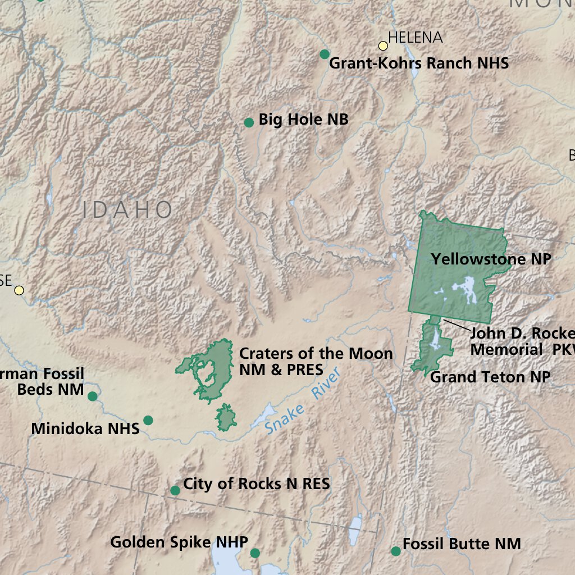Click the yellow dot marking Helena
tap(383, 45)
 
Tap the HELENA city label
tap(415, 38)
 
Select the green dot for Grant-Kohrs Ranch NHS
tap(324, 54)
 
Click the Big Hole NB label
tap(303, 120)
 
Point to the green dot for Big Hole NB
tap(249, 122)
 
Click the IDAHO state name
tap(127, 210)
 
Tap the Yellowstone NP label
tap(491, 259)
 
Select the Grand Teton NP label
tap(490, 377)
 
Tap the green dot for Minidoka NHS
tap(148, 420)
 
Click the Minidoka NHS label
tap(85, 429)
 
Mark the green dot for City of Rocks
tap(175, 490)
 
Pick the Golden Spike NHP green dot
tap(255, 553)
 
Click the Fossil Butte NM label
tap(462, 544)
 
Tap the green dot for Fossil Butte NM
tap(396, 551)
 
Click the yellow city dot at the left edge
tap(19, 290)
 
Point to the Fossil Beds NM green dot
tap(93, 396)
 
